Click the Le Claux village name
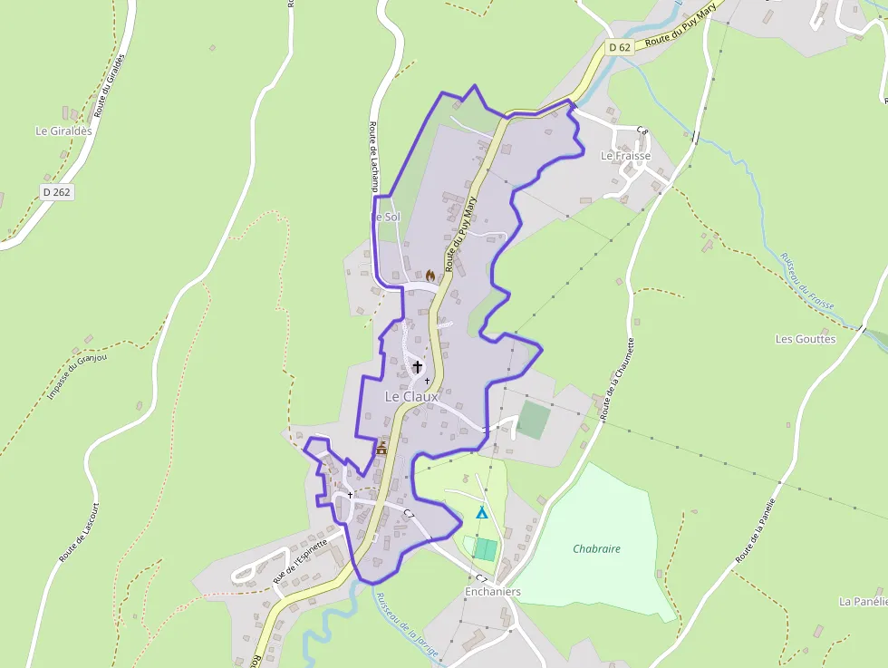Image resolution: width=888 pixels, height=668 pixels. (x=411, y=396)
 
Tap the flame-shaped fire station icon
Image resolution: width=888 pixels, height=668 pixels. (x=430, y=275)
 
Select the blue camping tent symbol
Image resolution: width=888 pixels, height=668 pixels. (x=482, y=513)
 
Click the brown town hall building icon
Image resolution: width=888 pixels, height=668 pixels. (x=381, y=448)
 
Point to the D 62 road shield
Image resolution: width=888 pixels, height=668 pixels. (x=619, y=46)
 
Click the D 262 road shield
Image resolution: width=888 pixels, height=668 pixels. (x=56, y=192)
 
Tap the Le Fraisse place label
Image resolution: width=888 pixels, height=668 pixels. (x=625, y=156)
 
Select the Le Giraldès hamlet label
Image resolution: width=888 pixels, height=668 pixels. (x=63, y=131)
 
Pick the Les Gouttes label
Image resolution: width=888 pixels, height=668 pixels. (x=806, y=339)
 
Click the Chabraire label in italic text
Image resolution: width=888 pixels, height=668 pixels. (x=596, y=548)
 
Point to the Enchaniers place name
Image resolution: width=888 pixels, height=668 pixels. (x=493, y=592)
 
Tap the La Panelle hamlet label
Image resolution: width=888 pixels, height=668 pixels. (x=863, y=601)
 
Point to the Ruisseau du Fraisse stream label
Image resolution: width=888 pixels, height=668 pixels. (x=806, y=280)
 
